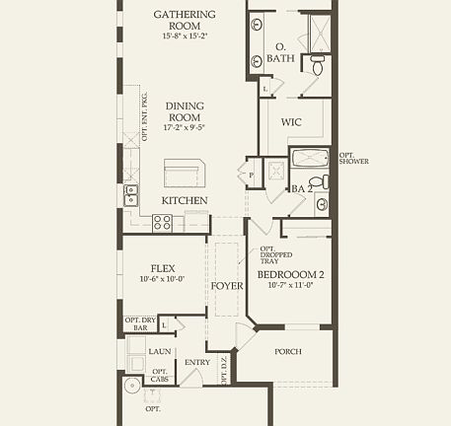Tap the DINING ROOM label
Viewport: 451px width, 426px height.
point(185,112)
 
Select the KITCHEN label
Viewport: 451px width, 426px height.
point(185,201)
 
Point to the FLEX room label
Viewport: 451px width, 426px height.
point(163,267)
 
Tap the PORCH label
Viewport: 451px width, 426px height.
point(288,351)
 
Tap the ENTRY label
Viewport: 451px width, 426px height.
point(197,362)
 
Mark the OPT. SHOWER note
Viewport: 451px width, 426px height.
point(353,158)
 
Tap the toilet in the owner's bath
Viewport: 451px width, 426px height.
point(317,65)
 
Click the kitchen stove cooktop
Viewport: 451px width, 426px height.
point(163,224)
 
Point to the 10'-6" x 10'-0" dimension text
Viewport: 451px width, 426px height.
point(163,279)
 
